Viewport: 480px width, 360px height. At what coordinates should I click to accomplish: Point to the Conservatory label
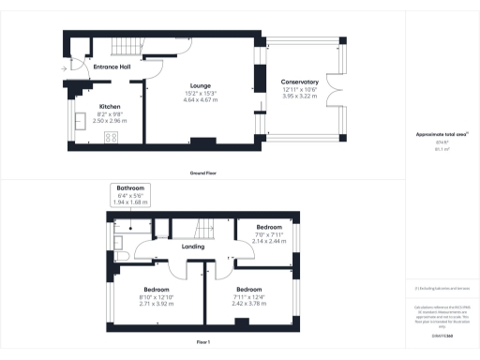pos(300,82)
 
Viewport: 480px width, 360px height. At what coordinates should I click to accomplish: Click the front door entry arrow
pos(65,67)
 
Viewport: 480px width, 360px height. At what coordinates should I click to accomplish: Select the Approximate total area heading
pos(442,135)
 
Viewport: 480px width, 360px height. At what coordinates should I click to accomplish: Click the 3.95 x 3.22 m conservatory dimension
pos(300,97)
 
